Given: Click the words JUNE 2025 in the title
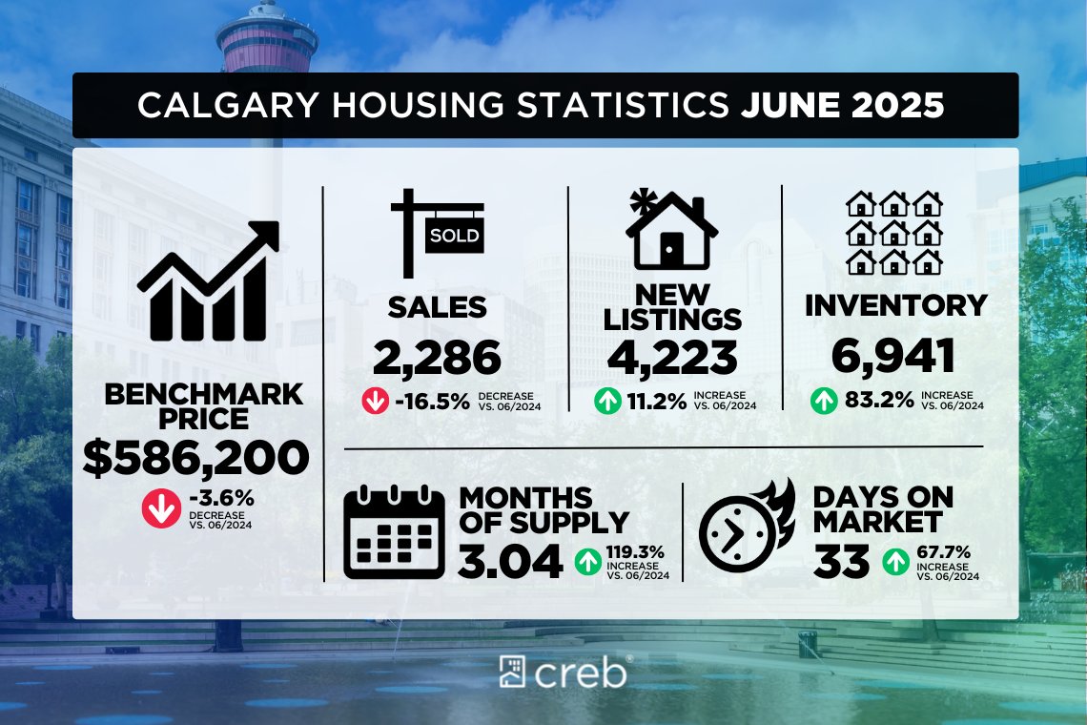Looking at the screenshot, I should point(842,105).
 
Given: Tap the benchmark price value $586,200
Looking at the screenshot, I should point(195,458).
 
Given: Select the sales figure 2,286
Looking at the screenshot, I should point(437,358).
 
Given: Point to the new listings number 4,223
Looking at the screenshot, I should point(673,358).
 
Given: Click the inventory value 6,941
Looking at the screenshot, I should point(892,358).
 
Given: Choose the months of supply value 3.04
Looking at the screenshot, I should point(509,561).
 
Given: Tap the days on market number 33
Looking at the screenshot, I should point(842,561).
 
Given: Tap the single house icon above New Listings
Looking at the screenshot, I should point(671,229).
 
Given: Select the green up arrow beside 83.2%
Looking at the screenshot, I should point(824,402).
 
